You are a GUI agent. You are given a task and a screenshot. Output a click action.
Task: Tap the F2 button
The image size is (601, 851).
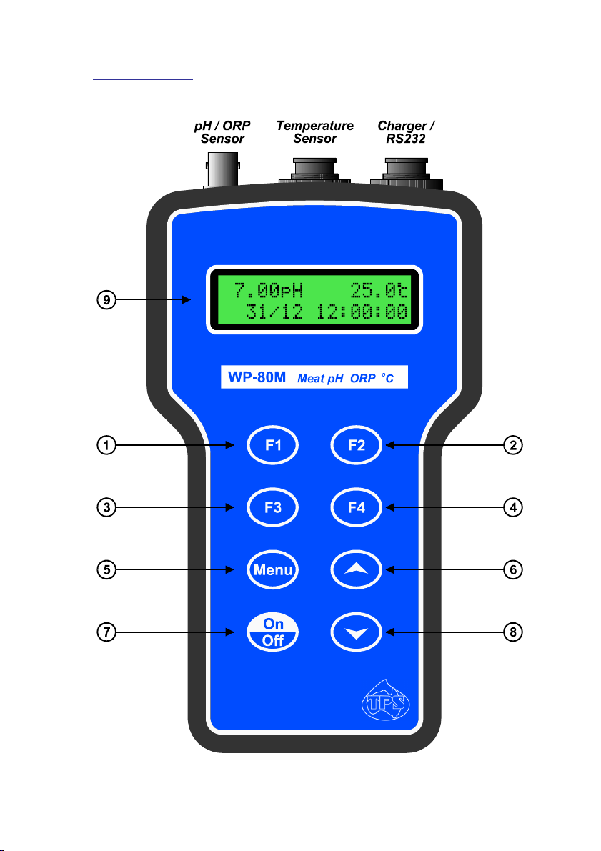(x=357, y=445)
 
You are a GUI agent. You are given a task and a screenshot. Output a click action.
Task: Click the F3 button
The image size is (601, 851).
(x=272, y=507)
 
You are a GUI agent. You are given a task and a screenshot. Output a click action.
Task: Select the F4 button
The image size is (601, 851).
(x=357, y=507)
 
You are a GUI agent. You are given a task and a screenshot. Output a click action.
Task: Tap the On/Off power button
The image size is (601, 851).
(x=272, y=632)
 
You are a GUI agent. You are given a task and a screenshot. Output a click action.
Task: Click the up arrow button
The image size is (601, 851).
(x=357, y=569)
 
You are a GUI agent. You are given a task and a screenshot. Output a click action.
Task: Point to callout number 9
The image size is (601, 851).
(x=106, y=301)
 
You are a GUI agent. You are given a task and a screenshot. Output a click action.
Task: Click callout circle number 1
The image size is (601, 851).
(x=106, y=445)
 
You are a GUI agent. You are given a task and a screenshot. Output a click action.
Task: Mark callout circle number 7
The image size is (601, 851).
(x=106, y=632)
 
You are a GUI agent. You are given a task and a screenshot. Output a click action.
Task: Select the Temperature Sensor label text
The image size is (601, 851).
(x=314, y=132)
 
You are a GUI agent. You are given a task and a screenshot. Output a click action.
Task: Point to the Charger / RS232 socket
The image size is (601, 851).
(x=407, y=171)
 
